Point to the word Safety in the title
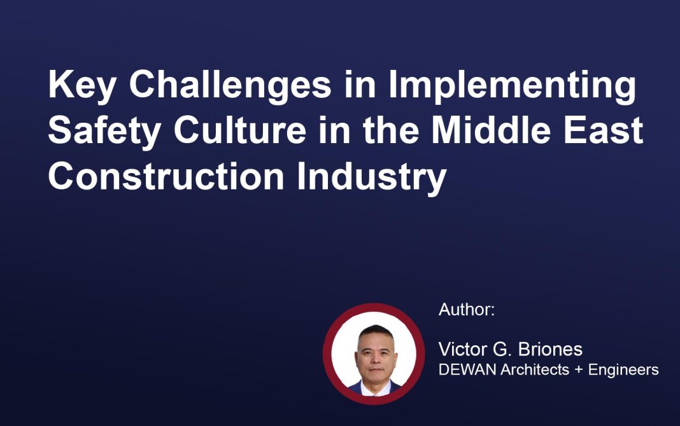[104, 131]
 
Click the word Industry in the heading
[372, 177]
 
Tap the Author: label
[467, 310]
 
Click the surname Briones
[550, 349]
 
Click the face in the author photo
[376, 357]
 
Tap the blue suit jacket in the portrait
[355, 388]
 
